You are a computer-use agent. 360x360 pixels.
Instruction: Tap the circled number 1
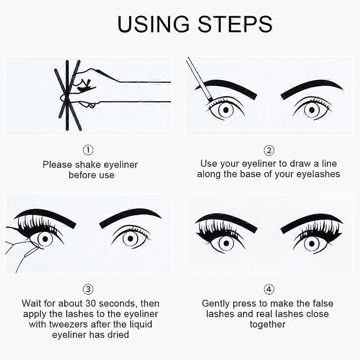pyautogui.click(x=88, y=150)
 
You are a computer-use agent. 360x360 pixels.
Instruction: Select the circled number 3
pyautogui.click(x=88, y=289)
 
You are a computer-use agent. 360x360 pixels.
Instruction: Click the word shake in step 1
pyautogui.click(x=88, y=165)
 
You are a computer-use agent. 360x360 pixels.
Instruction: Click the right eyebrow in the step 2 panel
pyautogui.click(x=311, y=88)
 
